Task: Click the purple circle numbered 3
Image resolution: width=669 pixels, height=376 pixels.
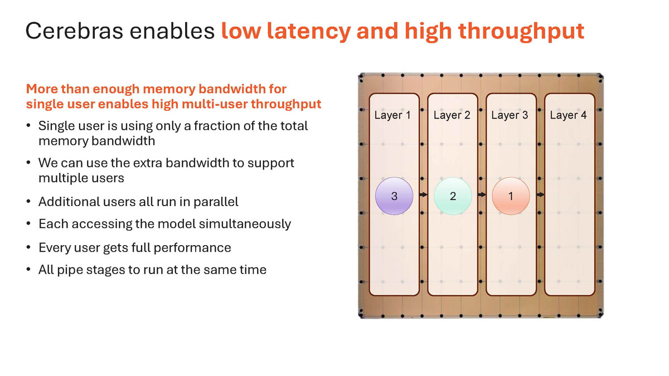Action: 394,196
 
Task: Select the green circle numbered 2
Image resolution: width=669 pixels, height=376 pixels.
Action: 453,196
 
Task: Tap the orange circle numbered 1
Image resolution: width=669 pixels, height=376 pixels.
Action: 511,196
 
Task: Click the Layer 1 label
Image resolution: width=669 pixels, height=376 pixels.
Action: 392,115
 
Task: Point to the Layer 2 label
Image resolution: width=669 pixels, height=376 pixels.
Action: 452,115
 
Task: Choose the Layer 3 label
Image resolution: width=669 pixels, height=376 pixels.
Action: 510,115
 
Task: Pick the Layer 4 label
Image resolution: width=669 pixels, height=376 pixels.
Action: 568,115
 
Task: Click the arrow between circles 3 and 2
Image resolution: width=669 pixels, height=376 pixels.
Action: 423,195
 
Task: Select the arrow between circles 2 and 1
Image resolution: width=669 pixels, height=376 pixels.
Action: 482,195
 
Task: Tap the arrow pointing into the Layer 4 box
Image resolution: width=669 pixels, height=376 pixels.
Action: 540,195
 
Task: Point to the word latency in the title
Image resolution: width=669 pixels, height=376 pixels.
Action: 306,31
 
